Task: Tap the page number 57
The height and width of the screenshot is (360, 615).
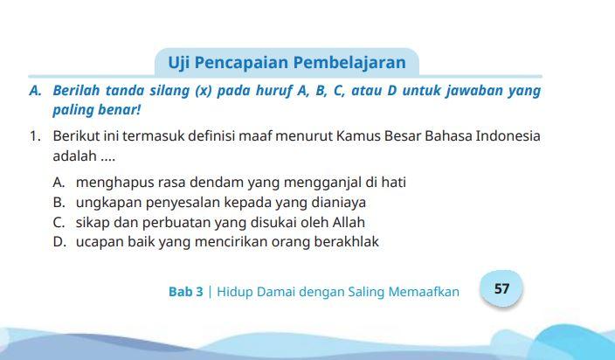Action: tap(501, 287)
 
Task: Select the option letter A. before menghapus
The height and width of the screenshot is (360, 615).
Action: tap(59, 183)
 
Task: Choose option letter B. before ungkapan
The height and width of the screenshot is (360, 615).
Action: tap(59, 203)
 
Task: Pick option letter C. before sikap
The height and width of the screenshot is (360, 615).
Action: tap(59, 222)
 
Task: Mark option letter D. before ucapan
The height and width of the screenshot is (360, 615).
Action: tap(59, 242)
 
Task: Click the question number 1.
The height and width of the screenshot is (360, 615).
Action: tap(34, 136)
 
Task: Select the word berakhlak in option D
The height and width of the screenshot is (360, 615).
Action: tap(347, 242)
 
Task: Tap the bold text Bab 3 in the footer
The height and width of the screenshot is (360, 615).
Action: tap(185, 292)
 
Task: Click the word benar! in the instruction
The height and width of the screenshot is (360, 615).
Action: tap(120, 111)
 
